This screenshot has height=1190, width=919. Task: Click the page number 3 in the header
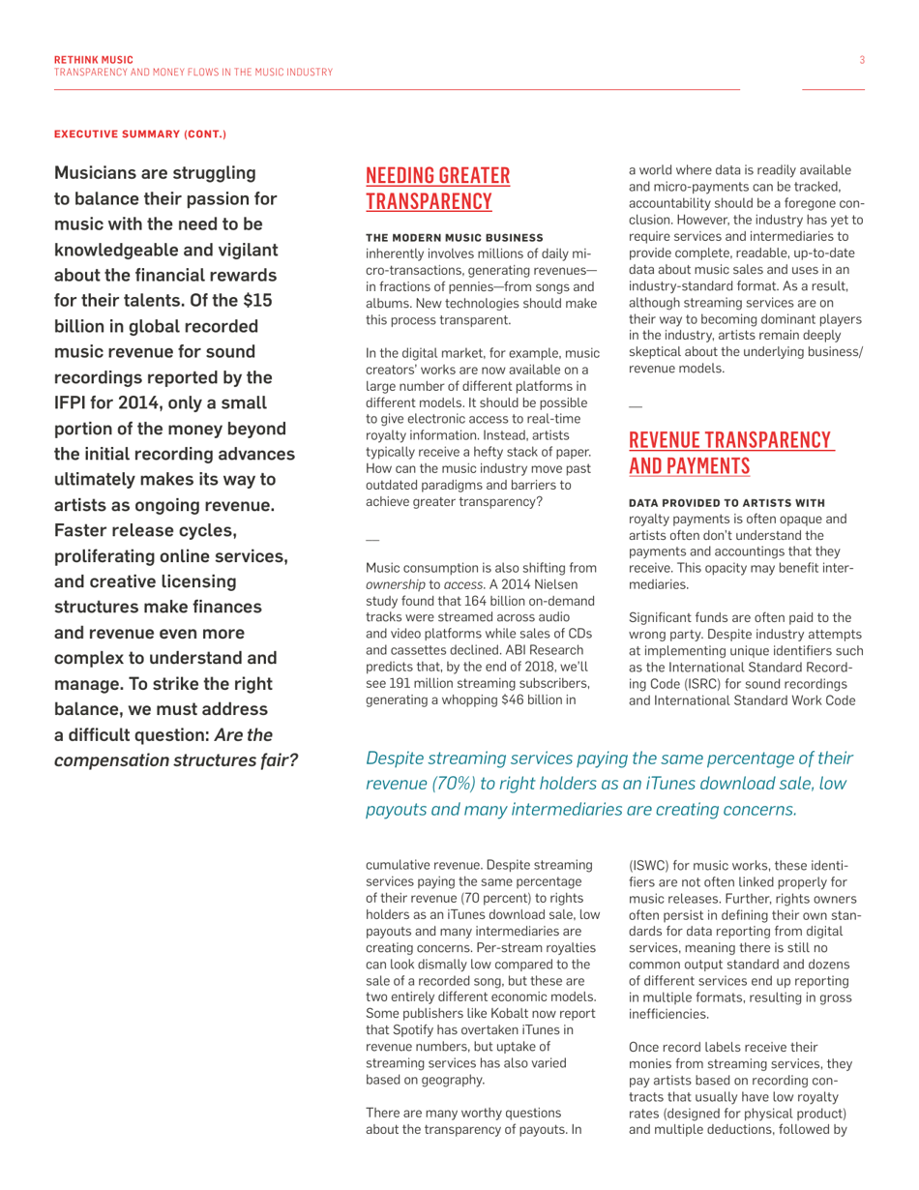(861, 60)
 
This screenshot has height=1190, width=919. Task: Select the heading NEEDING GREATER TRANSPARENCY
(437, 189)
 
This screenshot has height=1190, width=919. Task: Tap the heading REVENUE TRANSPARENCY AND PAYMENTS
(730, 453)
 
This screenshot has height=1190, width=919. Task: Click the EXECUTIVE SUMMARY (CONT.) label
(139, 133)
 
